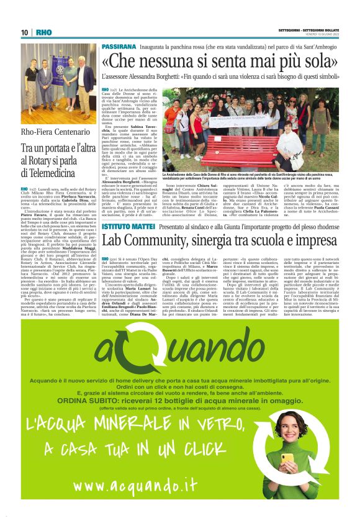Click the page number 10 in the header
pos(25,32)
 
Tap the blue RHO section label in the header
pos(43,32)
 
